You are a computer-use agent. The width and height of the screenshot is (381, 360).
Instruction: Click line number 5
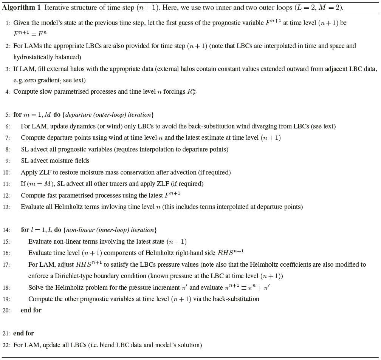(8, 115)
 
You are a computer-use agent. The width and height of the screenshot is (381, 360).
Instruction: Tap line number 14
(6, 230)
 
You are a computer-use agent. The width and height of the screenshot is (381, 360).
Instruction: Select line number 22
(6, 345)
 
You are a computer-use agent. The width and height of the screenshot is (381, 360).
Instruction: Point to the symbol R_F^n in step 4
(192, 92)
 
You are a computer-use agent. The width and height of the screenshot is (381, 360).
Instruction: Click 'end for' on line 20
(31, 311)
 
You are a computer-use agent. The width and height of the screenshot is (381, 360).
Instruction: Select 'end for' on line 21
(23, 333)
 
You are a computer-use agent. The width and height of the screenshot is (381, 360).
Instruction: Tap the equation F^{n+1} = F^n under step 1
(30, 34)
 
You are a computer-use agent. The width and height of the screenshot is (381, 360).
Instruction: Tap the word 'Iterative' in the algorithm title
(56, 8)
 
